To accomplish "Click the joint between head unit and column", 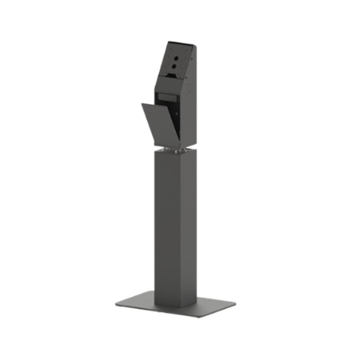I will (172, 148).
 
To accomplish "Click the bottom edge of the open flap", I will (159, 145).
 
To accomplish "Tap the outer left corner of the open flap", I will (142, 106).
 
